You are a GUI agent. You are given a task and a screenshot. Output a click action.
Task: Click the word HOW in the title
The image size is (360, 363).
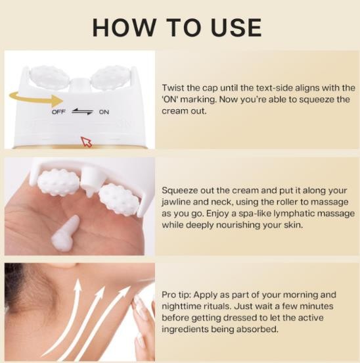click(x=124, y=28)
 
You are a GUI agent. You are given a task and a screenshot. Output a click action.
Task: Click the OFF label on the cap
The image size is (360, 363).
click(x=58, y=112)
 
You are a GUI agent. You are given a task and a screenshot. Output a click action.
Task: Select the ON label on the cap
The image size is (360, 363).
click(x=104, y=112)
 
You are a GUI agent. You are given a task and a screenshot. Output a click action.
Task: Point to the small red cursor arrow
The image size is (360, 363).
click(x=86, y=141)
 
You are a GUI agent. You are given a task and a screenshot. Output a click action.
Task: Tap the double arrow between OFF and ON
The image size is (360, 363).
click(x=82, y=112)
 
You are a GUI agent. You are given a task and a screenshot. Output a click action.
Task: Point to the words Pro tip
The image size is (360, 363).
click(x=176, y=295)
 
